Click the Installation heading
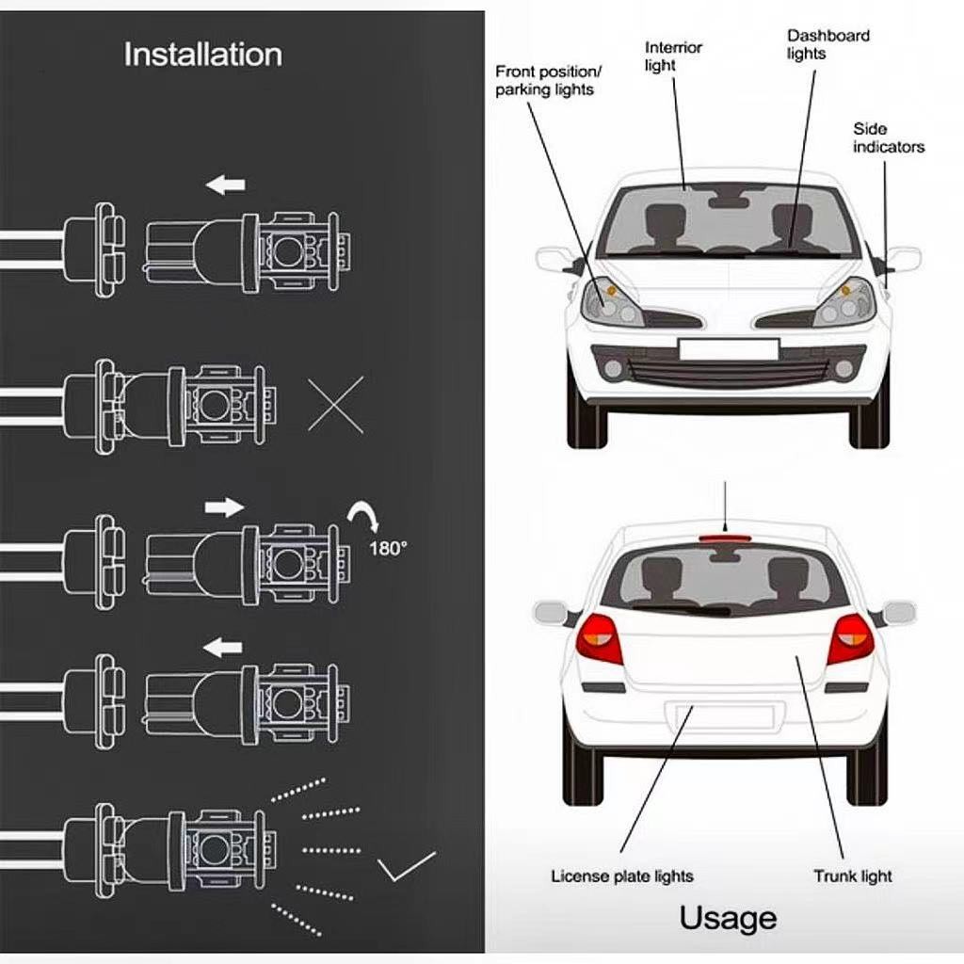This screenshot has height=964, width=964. (x=202, y=55)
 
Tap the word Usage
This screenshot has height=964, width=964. (x=728, y=918)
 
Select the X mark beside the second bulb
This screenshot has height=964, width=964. (x=335, y=404)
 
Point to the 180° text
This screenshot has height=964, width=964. (x=387, y=548)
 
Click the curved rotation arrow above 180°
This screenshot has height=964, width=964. (x=364, y=519)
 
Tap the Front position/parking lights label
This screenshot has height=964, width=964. (x=548, y=81)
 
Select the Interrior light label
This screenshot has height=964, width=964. (x=673, y=56)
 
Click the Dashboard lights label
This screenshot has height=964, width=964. (x=827, y=45)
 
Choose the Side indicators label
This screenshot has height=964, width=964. (x=888, y=137)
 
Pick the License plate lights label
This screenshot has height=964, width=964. (x=621, y=876)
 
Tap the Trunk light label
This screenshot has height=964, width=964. (x=852, y=876)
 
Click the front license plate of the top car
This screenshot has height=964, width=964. (x=728, y=349)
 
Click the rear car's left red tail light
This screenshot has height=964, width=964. (x=600, y=638)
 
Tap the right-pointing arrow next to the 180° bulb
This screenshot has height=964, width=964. (x=224, y=507)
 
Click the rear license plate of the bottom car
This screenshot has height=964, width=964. (x=720, y=716)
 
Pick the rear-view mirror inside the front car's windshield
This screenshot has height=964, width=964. (x=729, y=200)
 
